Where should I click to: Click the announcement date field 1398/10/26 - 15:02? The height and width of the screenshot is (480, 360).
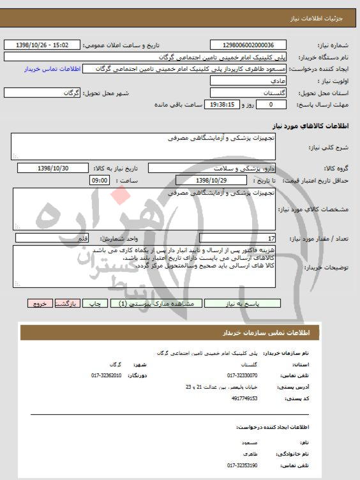pos(42,45)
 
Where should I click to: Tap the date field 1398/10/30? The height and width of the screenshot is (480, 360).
pos(53,168)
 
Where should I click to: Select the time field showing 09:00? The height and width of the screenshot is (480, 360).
pos(101,181)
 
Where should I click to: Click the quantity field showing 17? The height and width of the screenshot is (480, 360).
pos(237,238)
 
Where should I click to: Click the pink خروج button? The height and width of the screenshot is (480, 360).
pos(40,304)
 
